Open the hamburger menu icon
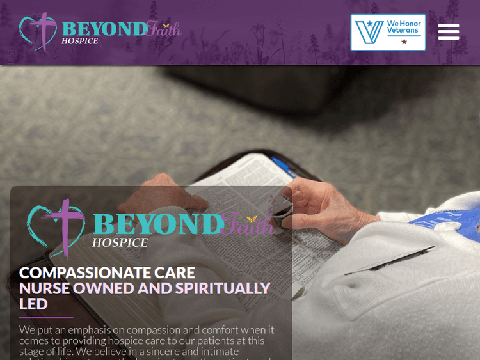(449, 31)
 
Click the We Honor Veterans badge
(388, 32)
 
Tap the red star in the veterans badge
(404, 42)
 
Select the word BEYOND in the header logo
(104, 29)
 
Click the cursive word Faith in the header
(163, 29)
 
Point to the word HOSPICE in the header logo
(80, 41)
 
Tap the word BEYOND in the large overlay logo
(157, 224)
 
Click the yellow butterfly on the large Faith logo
(252, 219)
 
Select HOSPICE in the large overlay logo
(120, 242)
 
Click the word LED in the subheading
(33, 304)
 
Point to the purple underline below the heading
(46, 317)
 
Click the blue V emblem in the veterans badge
(369, 32)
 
